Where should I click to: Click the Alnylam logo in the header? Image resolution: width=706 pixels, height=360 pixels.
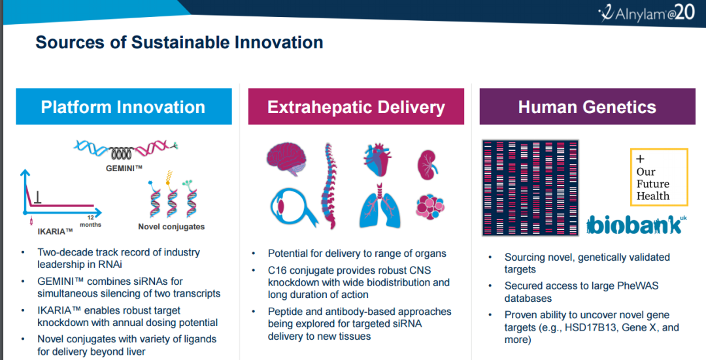[x=647, y=13]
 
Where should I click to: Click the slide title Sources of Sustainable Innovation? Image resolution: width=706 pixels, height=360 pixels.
[x=179, y=42]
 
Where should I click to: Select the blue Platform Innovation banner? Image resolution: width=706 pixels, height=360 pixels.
[x=124, y=106]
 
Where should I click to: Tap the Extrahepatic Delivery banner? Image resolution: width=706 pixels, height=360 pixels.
[x=356, y=106]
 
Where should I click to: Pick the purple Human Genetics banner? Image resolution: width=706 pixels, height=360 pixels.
[x=587, y=106]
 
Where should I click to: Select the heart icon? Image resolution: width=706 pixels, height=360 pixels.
[x=377, y=160]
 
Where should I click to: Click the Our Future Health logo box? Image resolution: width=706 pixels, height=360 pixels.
[x=659, y=177]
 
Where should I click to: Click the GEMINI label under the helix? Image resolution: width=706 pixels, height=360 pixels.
[x=124, y=169]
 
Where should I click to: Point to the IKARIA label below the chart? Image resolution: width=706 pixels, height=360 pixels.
[x=55, y=232]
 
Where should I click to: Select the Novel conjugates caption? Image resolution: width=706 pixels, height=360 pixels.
[x=171, y=227]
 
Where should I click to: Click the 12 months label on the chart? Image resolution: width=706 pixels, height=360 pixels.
[x=90, y=221]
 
